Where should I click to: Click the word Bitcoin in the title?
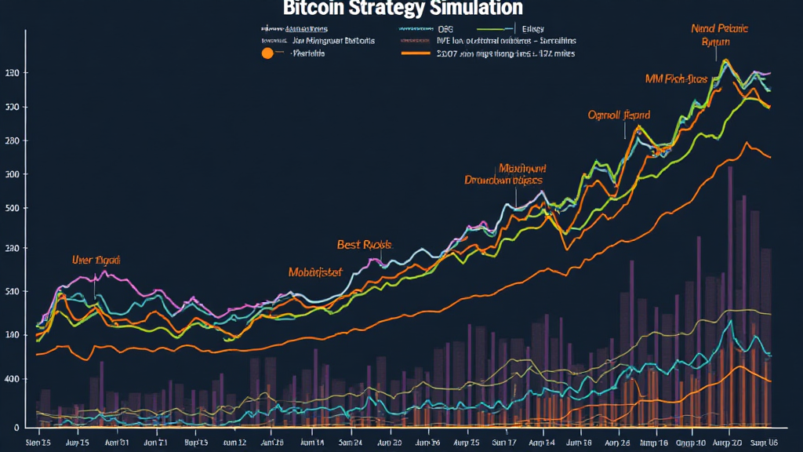pyautogui.click(x=314, y=9)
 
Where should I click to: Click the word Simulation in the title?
pyautogui.click(x=475, y=9)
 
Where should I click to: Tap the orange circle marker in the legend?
pyautogui.click(x=267, y=53)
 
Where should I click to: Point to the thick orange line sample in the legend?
pyautogui.click(x=416, y=54)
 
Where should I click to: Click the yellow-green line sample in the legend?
pyautogui.click(x=495, y=29)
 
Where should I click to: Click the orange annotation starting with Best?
pyautogui.click(x=364, y=245)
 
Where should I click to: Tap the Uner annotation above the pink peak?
pyautogui.click(x=96, y=260)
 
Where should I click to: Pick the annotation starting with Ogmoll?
pyautogui.click(x=619, y=115)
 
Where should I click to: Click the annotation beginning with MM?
pyautogui.click(x=676, y=79)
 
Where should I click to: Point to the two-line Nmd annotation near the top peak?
pyautogui.click(x=719, y=36)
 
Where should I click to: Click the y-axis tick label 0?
pyautogui.click(x=15, y=428)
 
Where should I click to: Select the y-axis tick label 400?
pyautogui.click(x=11, y=379)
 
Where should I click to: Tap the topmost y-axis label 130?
pyautogui.click(x=11, y=73)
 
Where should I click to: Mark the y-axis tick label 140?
pyautogui.click(x=11, y=335)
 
